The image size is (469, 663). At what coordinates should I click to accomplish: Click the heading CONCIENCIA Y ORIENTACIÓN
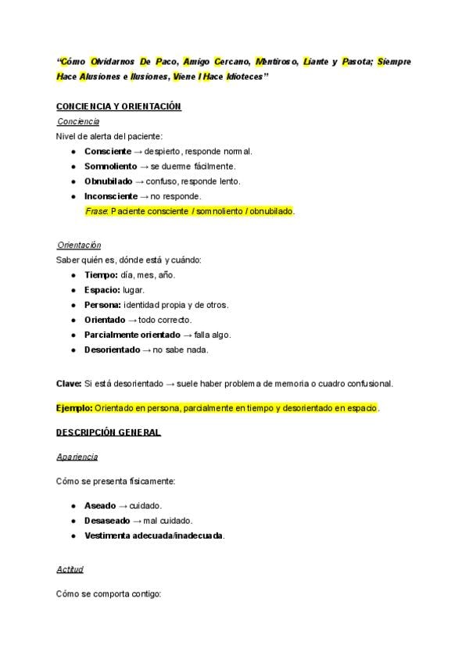click(x=119, y=106)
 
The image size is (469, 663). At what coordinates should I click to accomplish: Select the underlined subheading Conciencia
click(x=78, y=121)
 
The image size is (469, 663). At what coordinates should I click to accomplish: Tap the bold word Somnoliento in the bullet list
click(x=111, y=166)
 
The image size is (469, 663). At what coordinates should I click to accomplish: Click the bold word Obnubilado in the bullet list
click(x=109, y=181)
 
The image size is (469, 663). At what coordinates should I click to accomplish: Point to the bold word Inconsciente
click(x=110, y=196)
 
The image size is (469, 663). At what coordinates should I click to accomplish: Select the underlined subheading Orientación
click(x=79, y=245)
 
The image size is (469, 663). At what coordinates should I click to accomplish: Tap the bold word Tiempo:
click(x=101, y=275)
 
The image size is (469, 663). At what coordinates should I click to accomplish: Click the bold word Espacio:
click(x=102, y=290)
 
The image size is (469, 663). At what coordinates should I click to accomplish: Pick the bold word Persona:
click(x=102, y=305)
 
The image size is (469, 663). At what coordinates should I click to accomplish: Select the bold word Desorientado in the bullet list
click(x=112, y=349)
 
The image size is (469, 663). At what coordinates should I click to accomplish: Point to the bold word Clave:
click(x=69, y=383)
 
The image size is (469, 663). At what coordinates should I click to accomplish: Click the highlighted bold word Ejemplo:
click(x=74, y=407)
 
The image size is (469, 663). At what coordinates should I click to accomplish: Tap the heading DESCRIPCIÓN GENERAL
click(x=109, y=432)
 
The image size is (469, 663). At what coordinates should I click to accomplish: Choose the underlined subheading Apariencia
click(x=77, y=457)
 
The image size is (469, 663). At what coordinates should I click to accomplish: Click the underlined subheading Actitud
click(x=70, y=569)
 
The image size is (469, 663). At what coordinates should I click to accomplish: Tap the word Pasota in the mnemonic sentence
click(x=356, y=61)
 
